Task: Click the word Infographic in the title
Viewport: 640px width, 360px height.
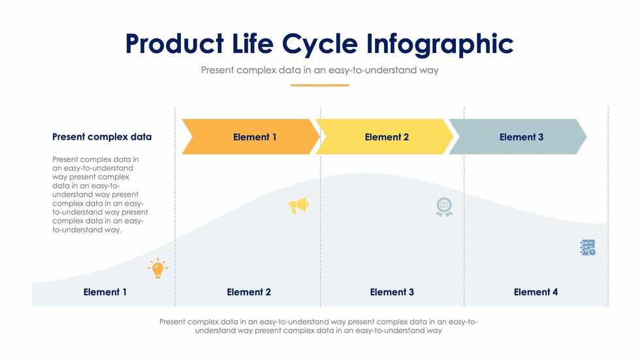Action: click(x=440, y=44)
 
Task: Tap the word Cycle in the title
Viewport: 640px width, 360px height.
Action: click(x=320, y=44)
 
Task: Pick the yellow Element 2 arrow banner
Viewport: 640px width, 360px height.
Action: click(x=385, y=137)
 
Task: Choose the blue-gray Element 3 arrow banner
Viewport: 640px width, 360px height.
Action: click(x=519, y=137)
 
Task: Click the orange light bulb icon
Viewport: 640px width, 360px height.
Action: click(x=157, y=268)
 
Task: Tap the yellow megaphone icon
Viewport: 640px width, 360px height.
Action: click(x=298, y=206)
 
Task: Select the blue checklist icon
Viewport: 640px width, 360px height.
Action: click(x=588, y=247)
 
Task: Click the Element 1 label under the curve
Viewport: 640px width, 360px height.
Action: click(x=105, y=292)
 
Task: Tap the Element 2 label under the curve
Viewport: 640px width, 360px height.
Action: click(x=249, y=292)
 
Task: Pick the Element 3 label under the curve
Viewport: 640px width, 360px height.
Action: click(x=392, y=292)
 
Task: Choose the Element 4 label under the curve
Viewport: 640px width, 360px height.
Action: click(x=536, y=292)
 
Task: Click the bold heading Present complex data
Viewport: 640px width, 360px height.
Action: click(x=102, y=137)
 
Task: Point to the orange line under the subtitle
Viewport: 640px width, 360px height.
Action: click(x=319, y=85)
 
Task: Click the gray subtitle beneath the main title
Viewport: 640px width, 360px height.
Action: click(x=319, y=70)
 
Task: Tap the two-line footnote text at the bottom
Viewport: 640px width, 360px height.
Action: click(x=319, y=326)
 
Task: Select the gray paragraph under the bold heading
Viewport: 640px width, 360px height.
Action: click(x=100, y=195)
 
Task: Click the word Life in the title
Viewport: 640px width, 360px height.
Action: click(x=253, y=44)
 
